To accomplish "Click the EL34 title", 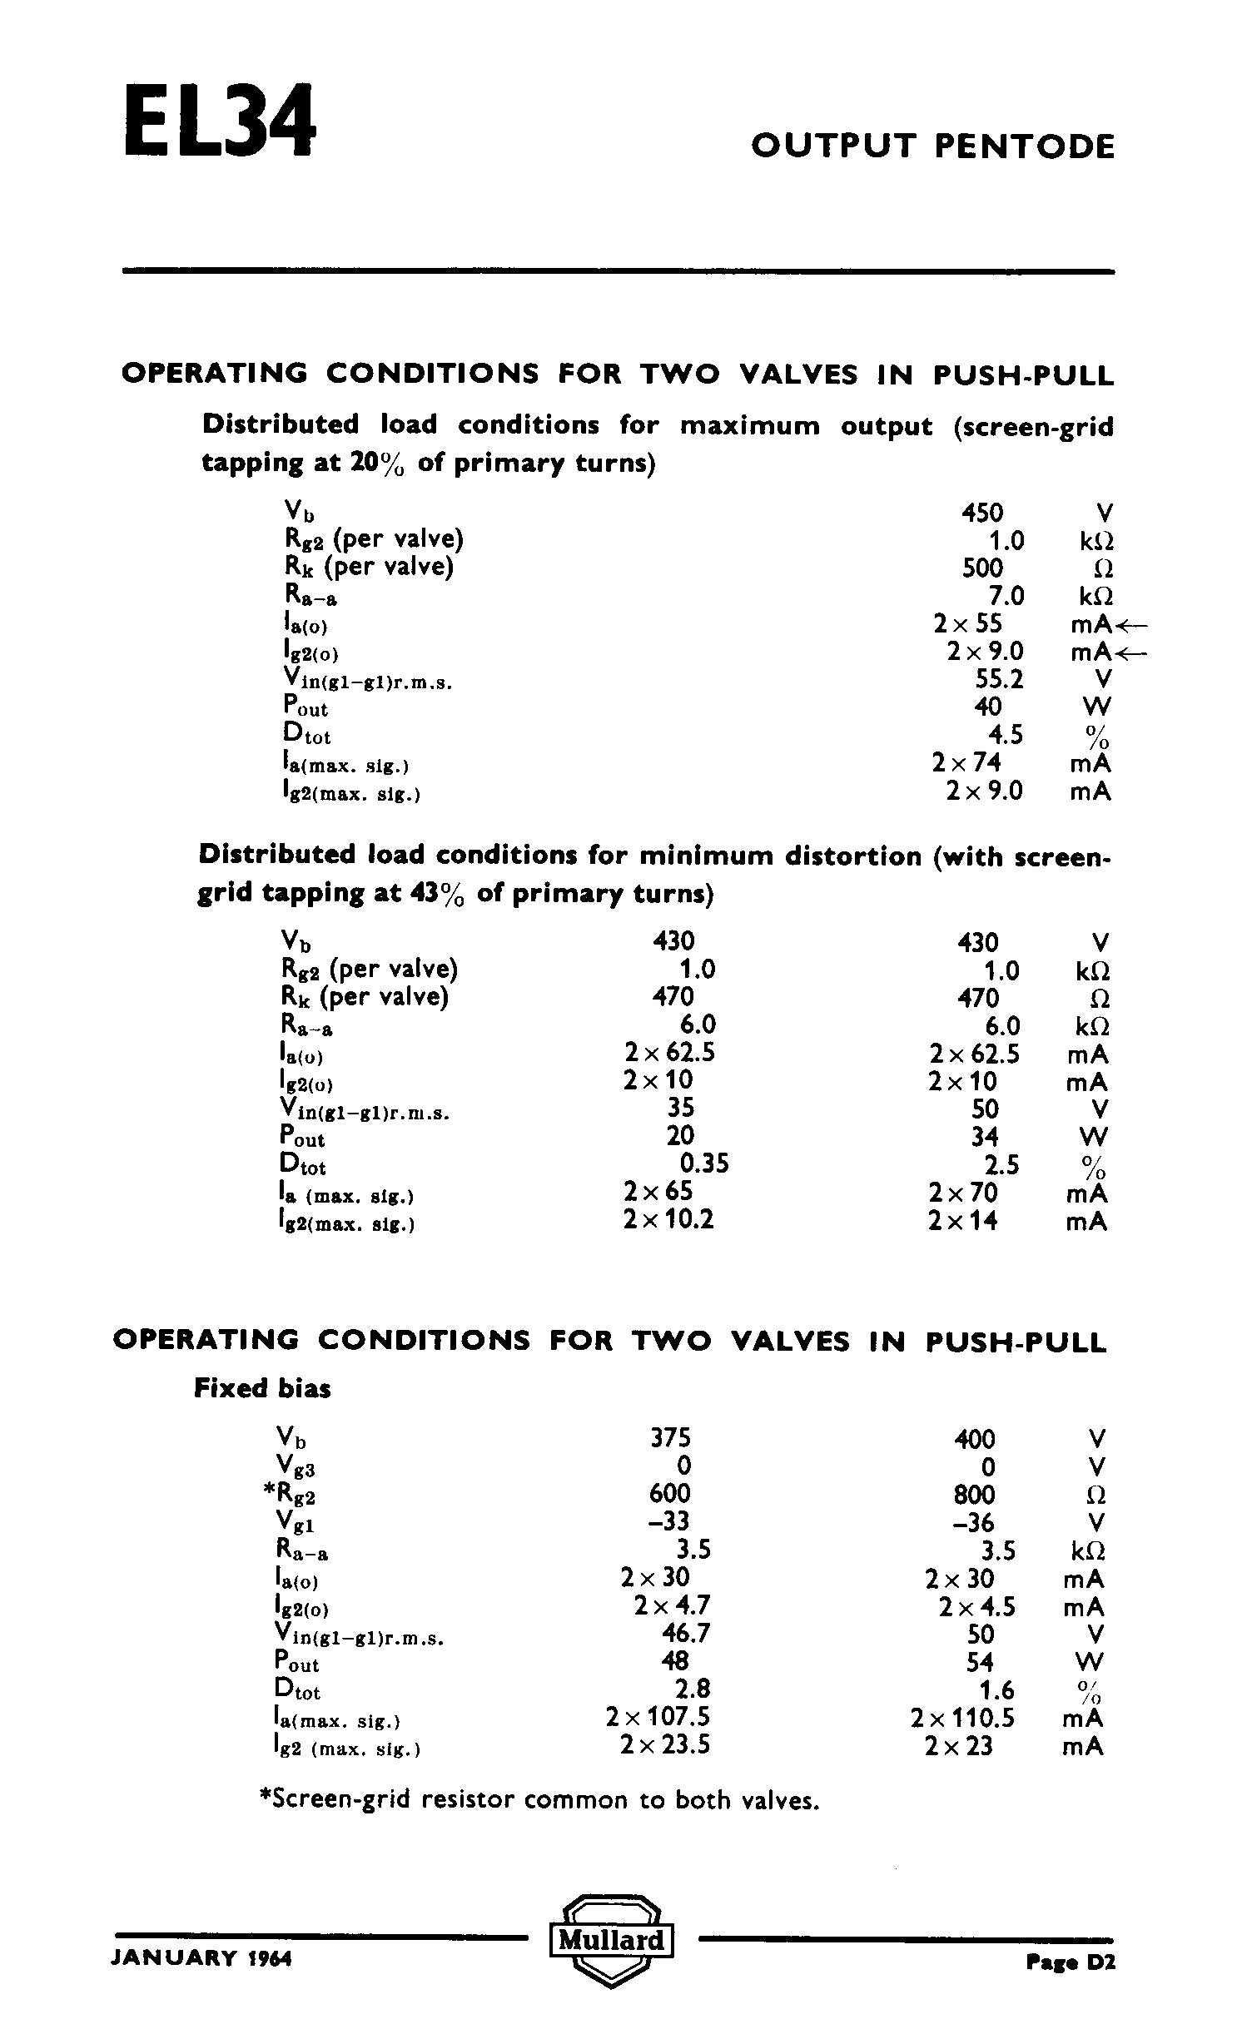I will tap(220, 121).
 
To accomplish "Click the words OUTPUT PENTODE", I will tap(932, 146).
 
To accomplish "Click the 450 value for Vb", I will tap(982, 513).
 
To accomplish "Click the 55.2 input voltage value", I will tap(999, 680).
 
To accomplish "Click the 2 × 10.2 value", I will tap(668, 1220).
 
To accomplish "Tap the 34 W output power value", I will tap(984, 1136).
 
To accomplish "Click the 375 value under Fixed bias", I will tap(670, 1438).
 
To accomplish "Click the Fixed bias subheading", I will tap(262, 1388).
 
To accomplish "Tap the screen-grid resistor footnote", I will tap(540, 1801).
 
